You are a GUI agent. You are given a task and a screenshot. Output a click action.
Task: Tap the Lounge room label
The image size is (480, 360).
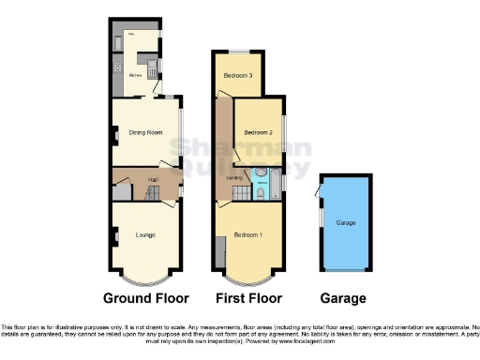point(145,234)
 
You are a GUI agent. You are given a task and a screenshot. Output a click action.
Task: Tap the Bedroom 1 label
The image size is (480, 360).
point(247,234)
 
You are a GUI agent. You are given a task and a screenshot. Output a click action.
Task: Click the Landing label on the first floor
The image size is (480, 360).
point(235,177)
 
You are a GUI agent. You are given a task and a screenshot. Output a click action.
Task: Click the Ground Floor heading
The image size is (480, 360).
point(145,298)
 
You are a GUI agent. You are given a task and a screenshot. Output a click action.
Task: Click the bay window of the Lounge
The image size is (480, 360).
point(145,278)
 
